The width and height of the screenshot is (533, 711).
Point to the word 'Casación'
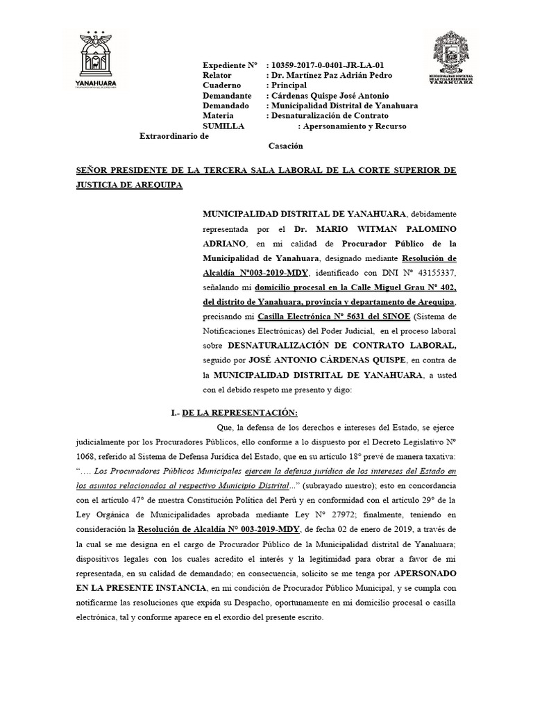[285, 147]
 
